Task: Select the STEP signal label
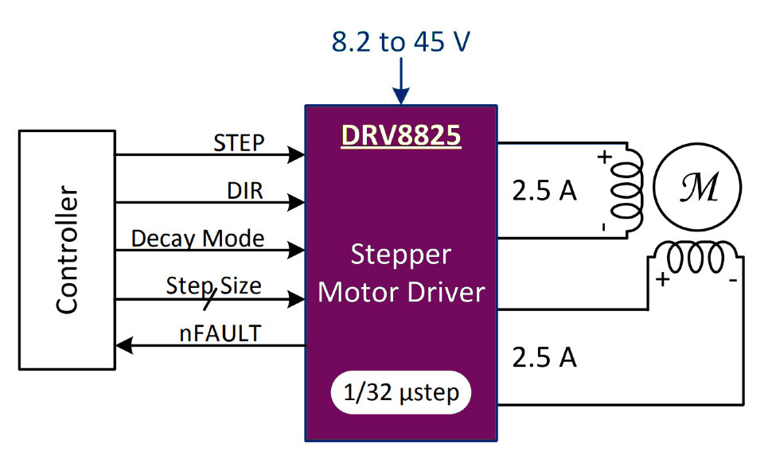239,144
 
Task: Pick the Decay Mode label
197,238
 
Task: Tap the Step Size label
213,285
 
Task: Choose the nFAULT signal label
219,333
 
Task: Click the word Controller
67,250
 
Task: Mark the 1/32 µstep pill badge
400,393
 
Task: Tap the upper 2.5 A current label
544,191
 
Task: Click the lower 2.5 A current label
544,358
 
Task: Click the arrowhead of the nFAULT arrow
121,345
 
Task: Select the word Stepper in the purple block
400,256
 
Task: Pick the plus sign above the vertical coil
604,157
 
